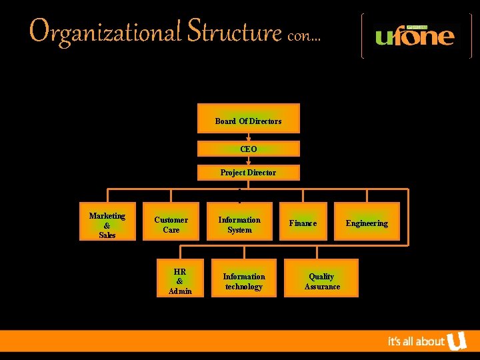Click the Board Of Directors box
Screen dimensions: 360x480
[249, 119]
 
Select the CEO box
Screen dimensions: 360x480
[249, 149]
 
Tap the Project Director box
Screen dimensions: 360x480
[249, 173]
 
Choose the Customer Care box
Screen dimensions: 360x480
[171, 224]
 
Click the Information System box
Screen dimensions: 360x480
[239, 224]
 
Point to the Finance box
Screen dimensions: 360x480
[303, 223]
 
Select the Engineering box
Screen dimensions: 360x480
[367, 223]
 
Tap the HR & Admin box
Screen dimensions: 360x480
[180, 281]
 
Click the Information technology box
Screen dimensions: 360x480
[244, 281]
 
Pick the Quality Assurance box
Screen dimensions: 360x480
[322, 281]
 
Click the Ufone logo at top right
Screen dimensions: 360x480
[416, 35]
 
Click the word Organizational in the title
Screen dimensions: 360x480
[105, 31]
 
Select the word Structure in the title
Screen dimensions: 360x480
[235, 31]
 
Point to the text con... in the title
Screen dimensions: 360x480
[304, 36]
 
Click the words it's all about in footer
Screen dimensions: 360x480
[416, 341]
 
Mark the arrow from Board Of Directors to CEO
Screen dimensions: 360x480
[249, 137]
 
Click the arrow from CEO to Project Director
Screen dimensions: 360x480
[249, 161]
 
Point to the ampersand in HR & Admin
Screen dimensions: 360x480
[180, 281]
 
